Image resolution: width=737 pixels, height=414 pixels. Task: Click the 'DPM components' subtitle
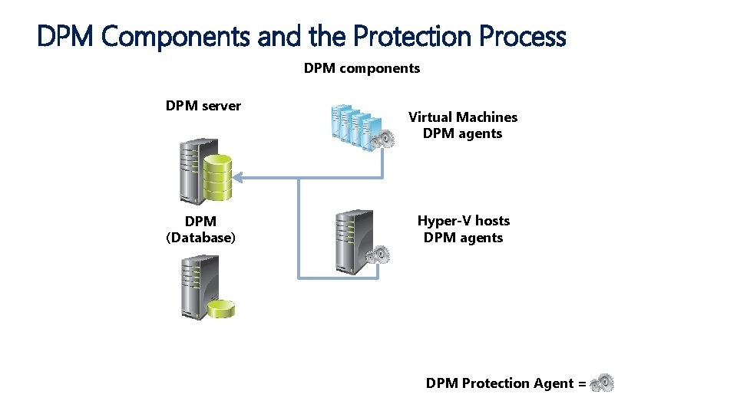362,68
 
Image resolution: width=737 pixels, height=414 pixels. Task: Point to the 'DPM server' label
203,106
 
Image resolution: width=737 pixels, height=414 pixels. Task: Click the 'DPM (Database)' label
200,229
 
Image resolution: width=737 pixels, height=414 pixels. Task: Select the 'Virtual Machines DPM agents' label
463,125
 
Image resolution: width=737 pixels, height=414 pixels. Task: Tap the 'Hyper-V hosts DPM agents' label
463,229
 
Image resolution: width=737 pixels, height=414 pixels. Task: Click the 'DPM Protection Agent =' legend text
506,383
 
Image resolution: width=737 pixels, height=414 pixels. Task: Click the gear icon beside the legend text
603,383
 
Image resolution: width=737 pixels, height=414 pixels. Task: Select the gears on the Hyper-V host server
378,254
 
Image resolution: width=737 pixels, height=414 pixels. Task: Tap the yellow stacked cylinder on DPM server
217,176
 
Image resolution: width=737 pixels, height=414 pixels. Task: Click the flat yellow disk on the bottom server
220,308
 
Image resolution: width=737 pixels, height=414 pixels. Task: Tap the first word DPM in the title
66,36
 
